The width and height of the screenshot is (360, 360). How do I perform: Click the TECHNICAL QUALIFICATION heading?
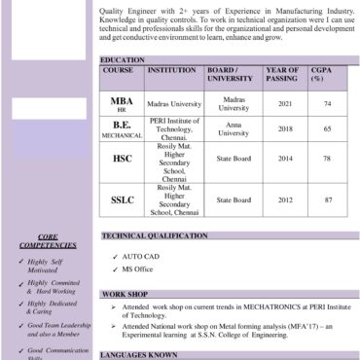(167, 235)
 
